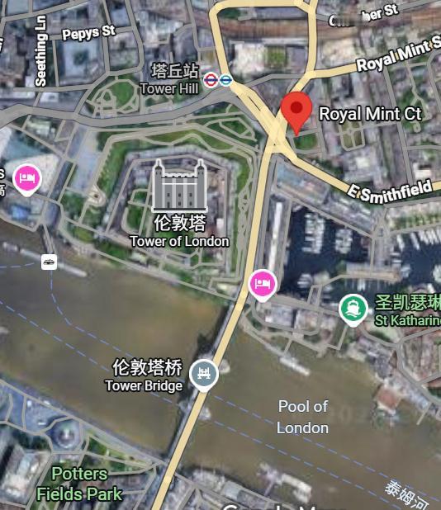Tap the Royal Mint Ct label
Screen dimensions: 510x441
[370, 113]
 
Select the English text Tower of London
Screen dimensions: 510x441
[179, 241]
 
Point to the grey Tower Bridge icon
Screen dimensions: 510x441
[203, 374]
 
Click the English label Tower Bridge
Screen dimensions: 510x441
[144, 385]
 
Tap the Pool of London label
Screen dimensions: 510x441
[303, 417]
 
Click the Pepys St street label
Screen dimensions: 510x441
[88, 32]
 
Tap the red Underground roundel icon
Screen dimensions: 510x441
[211, 80]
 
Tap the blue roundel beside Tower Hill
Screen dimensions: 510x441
[225, 80]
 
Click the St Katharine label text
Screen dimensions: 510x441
[407, 319]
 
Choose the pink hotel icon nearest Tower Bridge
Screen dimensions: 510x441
[262, 285]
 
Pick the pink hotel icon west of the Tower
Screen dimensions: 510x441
[27, 177]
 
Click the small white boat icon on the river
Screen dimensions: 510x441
[50, 262]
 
